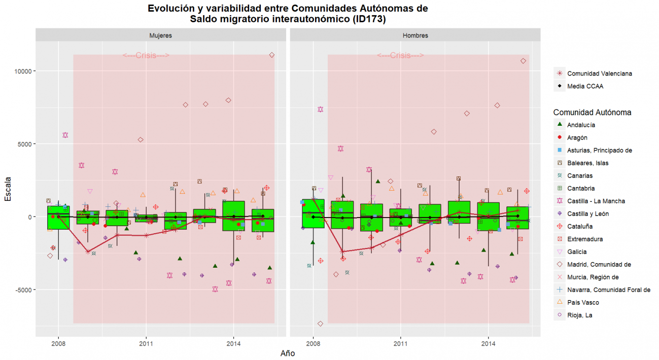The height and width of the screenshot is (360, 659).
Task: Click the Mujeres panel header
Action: [160, 35]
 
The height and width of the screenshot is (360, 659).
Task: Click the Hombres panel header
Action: [415, 35]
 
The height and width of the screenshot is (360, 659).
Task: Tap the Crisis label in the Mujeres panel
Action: [146, 56]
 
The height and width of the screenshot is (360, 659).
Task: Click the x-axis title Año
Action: [288, 353]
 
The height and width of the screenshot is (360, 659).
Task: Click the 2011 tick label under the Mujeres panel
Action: [146, 343]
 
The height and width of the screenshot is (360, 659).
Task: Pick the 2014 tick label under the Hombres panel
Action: [488, 343]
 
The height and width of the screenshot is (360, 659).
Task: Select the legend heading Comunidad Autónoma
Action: [592, 112]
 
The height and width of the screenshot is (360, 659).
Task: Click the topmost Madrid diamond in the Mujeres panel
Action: [272, 55]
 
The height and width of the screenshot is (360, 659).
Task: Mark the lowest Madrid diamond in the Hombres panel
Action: [320, 323]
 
